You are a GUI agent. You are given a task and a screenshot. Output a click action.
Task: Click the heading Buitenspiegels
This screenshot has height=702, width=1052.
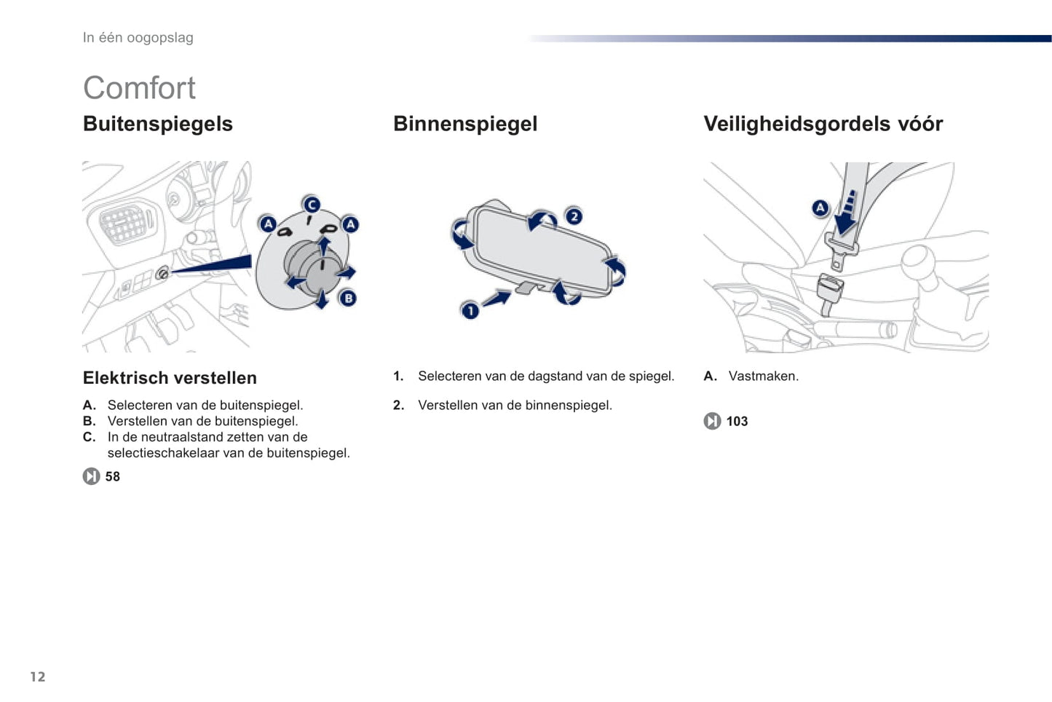click(x=158, y=125)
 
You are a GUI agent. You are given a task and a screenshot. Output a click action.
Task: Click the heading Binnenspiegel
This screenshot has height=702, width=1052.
click(x=465, y=125)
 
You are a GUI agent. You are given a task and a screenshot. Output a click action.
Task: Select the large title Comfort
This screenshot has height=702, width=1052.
click(x=139, y=88)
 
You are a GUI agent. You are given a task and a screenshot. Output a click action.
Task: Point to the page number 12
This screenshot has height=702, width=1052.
click(x=38, y=677)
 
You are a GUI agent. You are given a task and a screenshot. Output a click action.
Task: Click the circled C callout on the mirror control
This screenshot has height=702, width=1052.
click(x=312, y=205)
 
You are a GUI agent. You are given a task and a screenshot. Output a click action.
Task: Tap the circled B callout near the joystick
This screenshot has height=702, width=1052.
click(x=348, y=298)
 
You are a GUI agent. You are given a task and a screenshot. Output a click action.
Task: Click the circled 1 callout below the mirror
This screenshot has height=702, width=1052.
click(x=470, y=311)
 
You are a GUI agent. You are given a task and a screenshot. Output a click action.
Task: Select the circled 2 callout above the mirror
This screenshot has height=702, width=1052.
click(x=574, y=216)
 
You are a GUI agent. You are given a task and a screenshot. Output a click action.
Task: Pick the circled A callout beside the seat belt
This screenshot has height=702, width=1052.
click(x=820, y=208)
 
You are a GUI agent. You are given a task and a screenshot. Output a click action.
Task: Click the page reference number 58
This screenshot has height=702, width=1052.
click(x=113, y=476)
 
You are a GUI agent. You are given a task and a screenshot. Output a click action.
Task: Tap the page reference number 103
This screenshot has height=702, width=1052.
click(x=737, y=421)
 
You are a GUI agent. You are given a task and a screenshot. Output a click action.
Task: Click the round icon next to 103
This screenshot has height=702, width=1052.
click(x=712, y=421)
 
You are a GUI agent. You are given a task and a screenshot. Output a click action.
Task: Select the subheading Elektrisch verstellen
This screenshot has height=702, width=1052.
click(x=170, y=378)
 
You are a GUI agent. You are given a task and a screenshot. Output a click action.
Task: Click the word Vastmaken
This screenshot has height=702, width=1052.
click(x=763, y=376)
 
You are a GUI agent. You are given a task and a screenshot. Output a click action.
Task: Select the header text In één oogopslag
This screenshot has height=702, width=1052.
click(x=138, y=38)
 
